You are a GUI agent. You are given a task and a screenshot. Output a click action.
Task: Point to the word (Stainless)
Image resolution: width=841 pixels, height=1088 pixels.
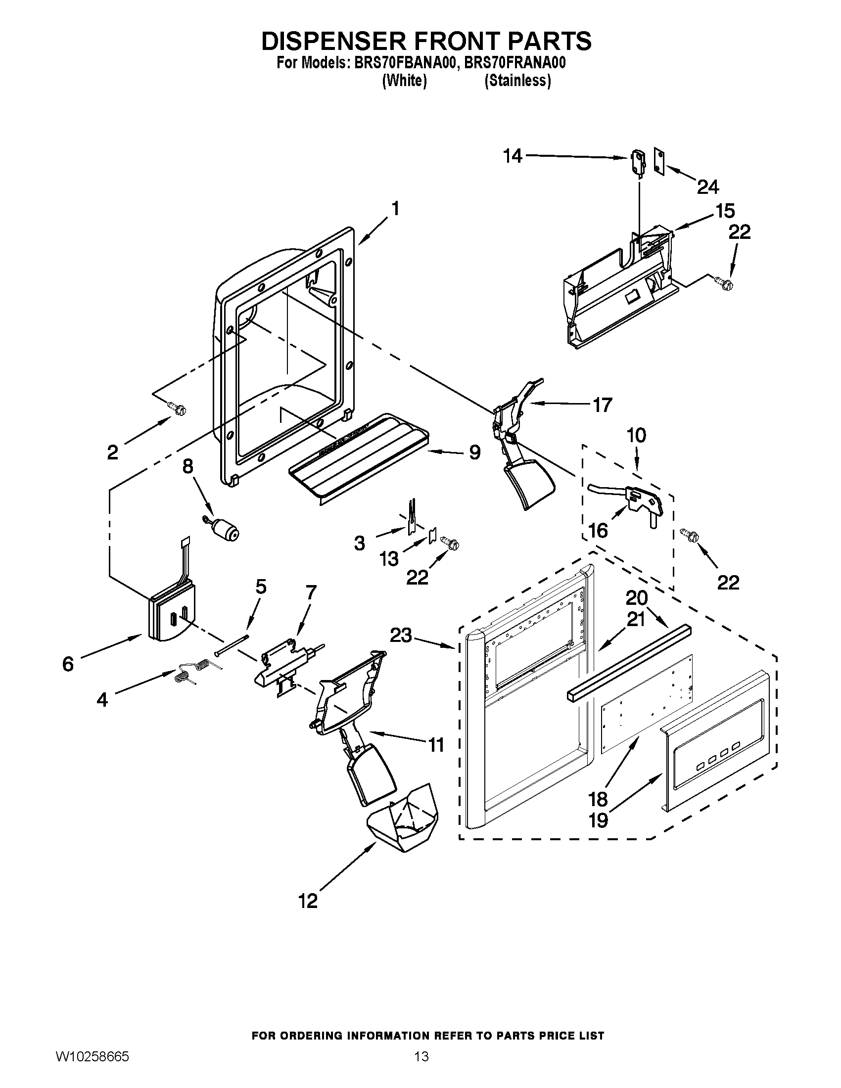pos(517,81)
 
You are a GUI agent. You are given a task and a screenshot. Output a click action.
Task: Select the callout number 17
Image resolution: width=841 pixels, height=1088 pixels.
pos(602,405)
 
